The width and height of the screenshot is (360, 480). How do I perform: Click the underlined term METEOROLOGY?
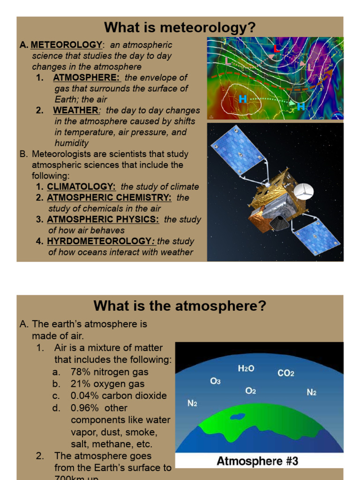(x=66, y=45)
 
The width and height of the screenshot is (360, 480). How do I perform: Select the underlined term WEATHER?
(x=75, y=111)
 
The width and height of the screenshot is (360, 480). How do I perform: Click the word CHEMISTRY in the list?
(x=143, y=198)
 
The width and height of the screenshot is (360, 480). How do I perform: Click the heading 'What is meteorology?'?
(x=180, y=27)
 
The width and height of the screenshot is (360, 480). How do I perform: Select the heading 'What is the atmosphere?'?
(x=180, y=306)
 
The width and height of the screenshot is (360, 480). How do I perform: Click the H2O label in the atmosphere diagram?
(x=246, y=369)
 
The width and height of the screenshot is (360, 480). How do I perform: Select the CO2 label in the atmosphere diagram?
(x=286, y=374)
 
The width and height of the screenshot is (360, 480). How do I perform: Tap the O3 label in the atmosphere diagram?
(x=215, y=382)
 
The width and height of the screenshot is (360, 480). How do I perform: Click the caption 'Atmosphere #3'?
(x=257, y=461)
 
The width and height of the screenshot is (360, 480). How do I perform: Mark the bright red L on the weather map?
(x=277, y=49)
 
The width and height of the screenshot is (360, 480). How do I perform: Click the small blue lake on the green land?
(x=238, y=416)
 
